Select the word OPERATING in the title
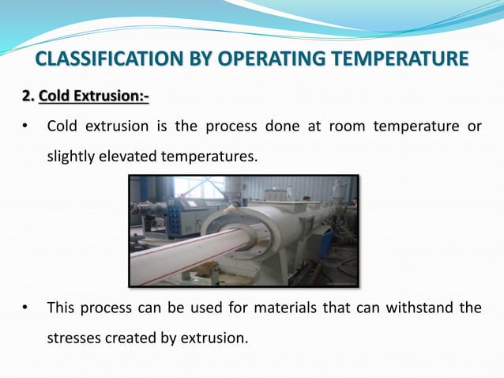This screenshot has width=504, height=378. coord(260,59)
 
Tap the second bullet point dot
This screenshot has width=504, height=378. coord(26,308)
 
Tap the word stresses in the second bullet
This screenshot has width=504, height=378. coord(73,338)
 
